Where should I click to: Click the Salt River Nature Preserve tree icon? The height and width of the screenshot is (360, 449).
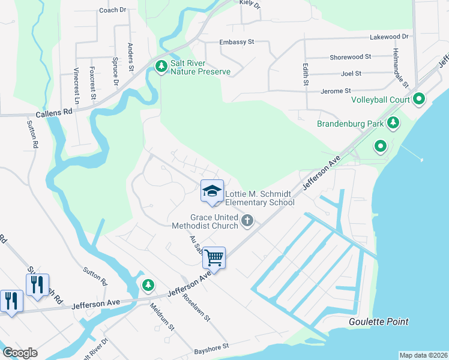(x=160, y=66)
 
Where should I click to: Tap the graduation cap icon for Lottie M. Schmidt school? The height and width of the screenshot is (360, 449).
(x=211, y=191)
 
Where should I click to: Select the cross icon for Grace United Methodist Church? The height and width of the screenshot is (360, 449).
(x=247, y=222)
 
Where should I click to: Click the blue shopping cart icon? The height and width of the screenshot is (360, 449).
(x=214, y=258)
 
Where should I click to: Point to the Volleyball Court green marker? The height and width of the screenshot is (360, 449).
(x=419, y=99)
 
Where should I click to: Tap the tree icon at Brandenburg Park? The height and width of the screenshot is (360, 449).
(x=393, y=124)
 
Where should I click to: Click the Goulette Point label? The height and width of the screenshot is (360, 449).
(x=379, y=322)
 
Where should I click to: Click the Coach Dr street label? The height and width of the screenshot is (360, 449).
(x=113, y=10)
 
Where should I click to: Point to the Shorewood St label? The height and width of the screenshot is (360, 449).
(x=346, y=57)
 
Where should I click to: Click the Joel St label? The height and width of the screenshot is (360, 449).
(x=351, y=74)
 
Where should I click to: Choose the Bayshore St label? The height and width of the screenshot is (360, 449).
(x=211, y=347)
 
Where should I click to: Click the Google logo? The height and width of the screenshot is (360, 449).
(x=20, y=352)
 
